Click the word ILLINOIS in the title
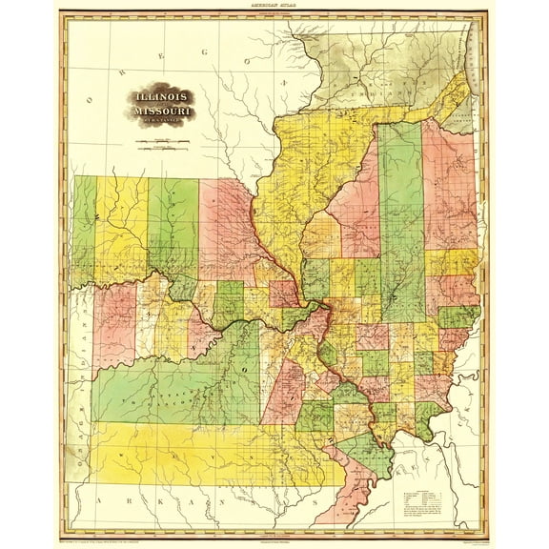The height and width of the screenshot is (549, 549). pyautogui.click(x=163, y=98)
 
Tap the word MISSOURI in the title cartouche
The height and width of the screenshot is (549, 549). pyautogui.click(x=163, y=113)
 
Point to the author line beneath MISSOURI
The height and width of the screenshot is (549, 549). pyautogui.click(x=163, y=124)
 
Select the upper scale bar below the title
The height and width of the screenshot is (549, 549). pyautogui.click(x=163, y=141)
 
